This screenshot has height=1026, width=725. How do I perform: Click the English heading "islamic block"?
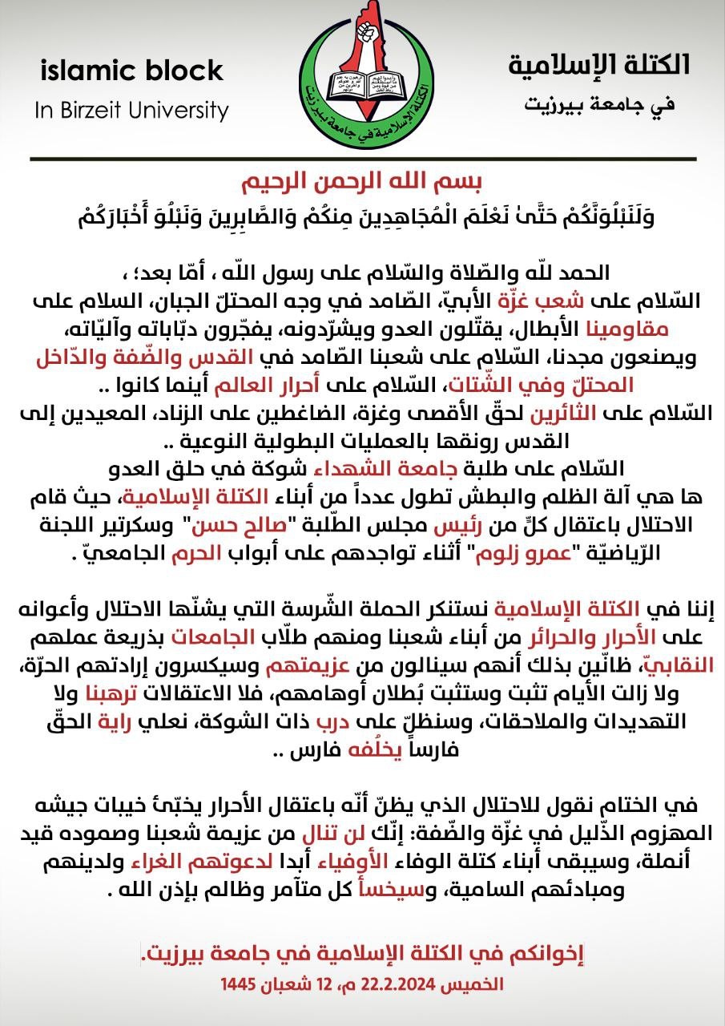click(x=131, y=71)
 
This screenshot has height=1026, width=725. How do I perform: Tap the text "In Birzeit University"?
click(x=131, y=110)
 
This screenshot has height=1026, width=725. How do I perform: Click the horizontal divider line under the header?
click(x=362, y=160)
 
